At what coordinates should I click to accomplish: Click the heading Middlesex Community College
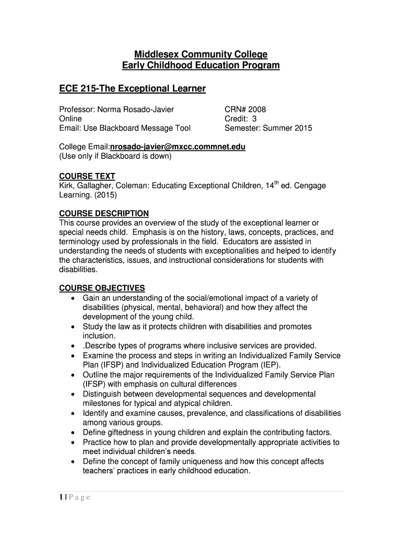tap(201, 54)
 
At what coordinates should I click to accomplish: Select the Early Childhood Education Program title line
tap(201, 65)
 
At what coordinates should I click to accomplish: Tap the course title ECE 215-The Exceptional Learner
tap(133, 89)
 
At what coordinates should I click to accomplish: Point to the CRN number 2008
tap(257, 109)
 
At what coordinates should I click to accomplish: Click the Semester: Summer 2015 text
tap(268, 128)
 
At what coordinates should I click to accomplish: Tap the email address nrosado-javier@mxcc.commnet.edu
tap(178, 147)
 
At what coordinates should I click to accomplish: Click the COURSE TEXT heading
tap(87, 176)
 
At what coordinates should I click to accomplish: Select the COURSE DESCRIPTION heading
tap(104, 214)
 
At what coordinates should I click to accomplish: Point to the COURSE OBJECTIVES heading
tap(102, 288)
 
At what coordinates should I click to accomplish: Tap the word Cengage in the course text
tap(314, 185)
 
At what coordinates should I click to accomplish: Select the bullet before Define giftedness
tap(72, 433)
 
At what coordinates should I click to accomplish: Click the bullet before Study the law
tap(72, 327)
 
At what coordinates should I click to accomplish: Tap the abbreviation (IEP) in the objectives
tap(270, 365)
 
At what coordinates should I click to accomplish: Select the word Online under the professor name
tap(70, 119)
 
